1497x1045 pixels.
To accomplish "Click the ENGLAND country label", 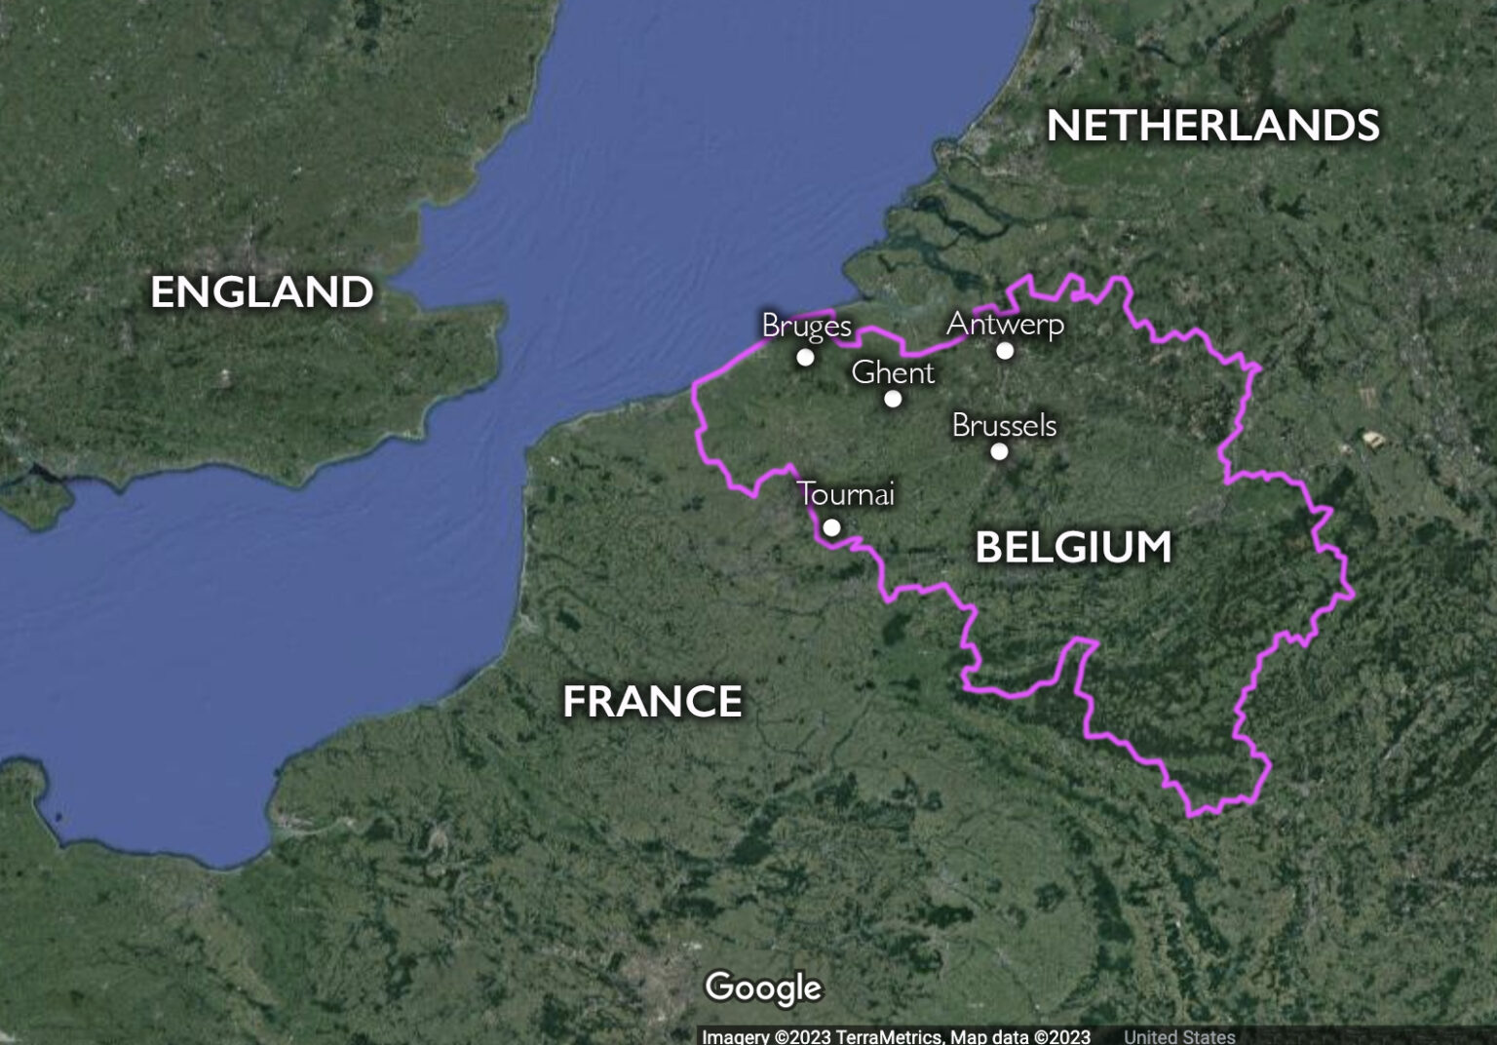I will (x=262, y=292).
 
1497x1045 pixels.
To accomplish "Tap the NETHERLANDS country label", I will (x=1213, y=126).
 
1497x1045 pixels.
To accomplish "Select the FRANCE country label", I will (x=652, y=701).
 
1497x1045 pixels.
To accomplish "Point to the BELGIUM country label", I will (x=1073, y=547).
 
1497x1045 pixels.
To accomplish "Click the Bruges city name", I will (x=806, y=325).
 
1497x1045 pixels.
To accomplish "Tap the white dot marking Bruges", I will (x=805, y=357).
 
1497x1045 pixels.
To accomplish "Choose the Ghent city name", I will (x=893, y=372).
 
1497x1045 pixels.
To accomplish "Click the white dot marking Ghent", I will (x=893, y=399).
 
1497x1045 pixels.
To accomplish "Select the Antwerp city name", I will (x=1005, y=324).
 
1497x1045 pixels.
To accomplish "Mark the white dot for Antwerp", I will (x=1005, y=351).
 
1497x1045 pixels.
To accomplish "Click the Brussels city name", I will (x=1004, y=425).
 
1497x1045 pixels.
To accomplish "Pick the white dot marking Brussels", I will (x=999, y=451).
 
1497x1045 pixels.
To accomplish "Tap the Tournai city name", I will (x=846, y=494).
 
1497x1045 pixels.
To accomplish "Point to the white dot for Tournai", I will (x=831, y=527).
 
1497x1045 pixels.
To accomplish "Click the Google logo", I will (x=763, y=987).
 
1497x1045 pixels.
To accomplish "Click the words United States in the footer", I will (x=1179, y=1036).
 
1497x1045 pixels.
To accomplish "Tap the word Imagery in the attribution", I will (x=736, y=1036).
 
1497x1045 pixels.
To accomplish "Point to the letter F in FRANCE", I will (x=575, y=701).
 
